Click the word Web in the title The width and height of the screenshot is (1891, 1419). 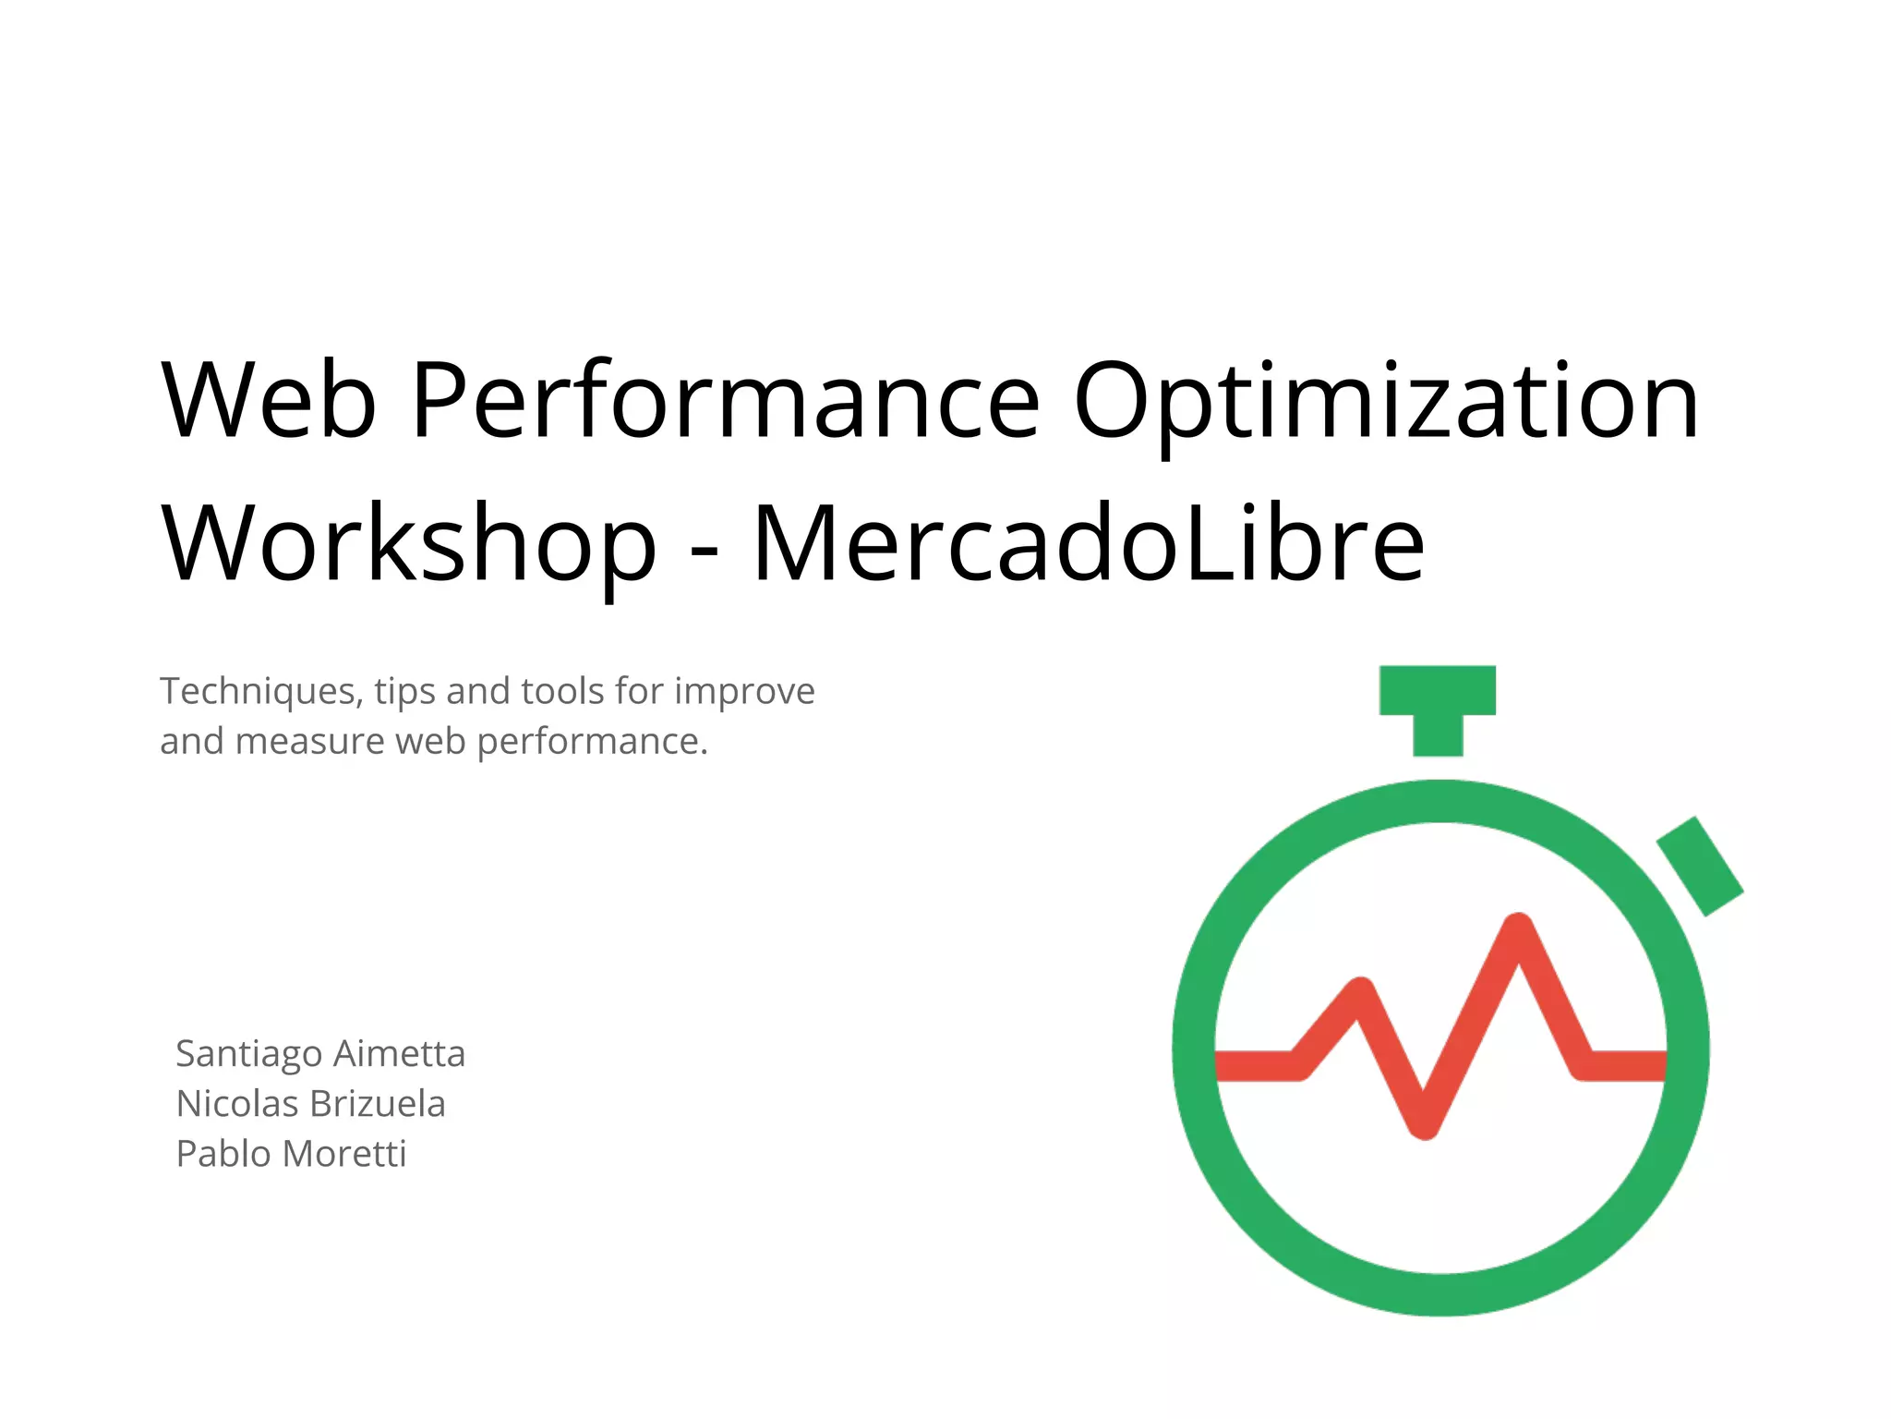point(269,400)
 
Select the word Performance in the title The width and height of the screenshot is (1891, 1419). point(726,400)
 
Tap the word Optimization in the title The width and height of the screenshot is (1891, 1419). point(1385,400)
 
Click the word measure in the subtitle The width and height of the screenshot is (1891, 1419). point(310,741)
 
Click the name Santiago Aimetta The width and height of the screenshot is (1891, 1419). point(320,1054)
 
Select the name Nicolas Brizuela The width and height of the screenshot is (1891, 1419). point(310,1104)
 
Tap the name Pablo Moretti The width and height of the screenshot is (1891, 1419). point(291,1154)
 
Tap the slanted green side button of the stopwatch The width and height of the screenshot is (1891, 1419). point(1700,866)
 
